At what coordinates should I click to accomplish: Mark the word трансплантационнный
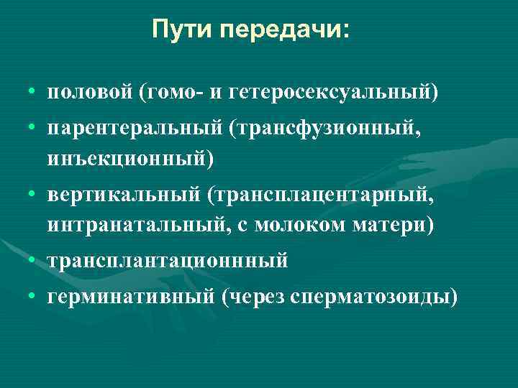(x=168, y=261)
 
